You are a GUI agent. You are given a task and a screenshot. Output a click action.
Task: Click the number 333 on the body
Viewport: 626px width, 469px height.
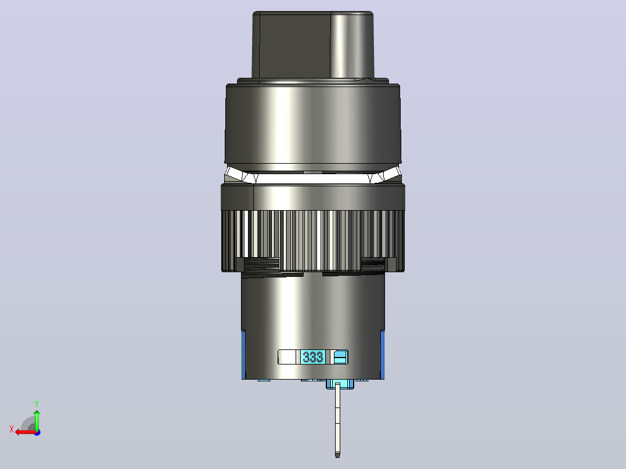(312, 357)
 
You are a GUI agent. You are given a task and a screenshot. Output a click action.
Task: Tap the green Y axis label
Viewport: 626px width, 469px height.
(37, 403)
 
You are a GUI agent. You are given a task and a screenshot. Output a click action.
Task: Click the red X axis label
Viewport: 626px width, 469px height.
(12, 430)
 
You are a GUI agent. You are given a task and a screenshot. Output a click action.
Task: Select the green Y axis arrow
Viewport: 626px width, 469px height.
(37, 420)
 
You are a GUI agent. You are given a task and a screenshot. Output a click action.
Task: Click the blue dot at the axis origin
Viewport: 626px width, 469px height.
(37, 432)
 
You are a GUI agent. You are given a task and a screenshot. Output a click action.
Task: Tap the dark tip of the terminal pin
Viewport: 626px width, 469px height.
(337, 454)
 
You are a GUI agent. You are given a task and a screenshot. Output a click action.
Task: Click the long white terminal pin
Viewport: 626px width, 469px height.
(337, 420)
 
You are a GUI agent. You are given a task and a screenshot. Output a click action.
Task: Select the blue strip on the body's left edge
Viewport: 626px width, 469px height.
(243, 355)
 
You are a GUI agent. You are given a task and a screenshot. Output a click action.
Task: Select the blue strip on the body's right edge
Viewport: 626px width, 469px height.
(382, 355)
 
